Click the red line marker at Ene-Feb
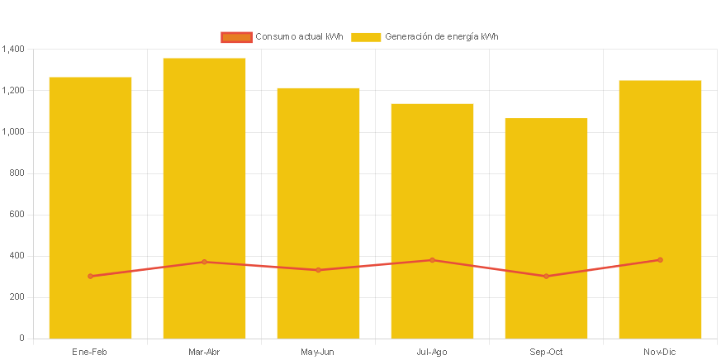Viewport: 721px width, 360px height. click(x=90, y=276)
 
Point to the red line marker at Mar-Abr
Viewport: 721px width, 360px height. click(x=204, y=262)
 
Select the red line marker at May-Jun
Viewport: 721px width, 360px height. click(x=318, y=270)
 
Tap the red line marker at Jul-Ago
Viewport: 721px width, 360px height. click(x=432, y=260)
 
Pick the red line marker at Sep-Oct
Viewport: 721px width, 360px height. click(x=546, y=276)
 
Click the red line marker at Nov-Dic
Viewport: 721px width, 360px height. click(x=660, y=260)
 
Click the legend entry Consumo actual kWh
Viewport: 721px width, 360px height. click(x=282, y=37)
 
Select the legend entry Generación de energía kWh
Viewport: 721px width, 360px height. click(x=425, y=37)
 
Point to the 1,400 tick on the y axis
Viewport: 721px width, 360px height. click(x=13, y=50)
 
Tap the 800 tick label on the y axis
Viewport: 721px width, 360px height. click(x=17, y=173)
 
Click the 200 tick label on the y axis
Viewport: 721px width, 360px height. click(x=17, y=297)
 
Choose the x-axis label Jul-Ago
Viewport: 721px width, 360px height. click(x=432, y=353)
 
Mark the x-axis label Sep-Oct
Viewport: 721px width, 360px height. click(x=546, y=353)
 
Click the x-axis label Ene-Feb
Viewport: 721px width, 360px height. click(x=90, y=353)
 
